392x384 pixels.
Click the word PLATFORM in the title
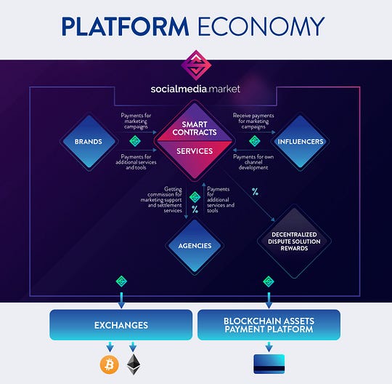[x=125, y=26]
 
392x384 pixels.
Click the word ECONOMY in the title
[x=261, y=26]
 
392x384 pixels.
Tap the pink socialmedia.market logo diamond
[x=196, y=65]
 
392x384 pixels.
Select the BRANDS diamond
[x=89, y=142]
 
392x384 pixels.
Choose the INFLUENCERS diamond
[x=301, y=142]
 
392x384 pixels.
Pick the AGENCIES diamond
[x=195, y=246]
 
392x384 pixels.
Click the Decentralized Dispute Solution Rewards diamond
[x=294, y=241]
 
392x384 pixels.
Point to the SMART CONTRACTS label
[x=195, y=128]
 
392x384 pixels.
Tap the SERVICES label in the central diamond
[x=195, y=151]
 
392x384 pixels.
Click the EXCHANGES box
[x=121, y=325]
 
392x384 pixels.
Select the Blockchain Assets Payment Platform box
[x=269, y=325]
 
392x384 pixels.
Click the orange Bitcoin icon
[x=109, y=364]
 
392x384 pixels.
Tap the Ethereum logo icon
[x=134, y=364]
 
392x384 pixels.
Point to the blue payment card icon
[x=269, y=364]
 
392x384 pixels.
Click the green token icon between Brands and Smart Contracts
[x=135, y=141]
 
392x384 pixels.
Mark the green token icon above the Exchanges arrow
[x=121, y=281]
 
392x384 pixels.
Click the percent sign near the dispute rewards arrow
[x=255, y=192]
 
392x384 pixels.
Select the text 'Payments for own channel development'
[x=253, y=162]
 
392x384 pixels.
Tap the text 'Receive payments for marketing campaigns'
[x=253, y=121]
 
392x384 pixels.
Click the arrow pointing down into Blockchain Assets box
[x=269, y=300]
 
